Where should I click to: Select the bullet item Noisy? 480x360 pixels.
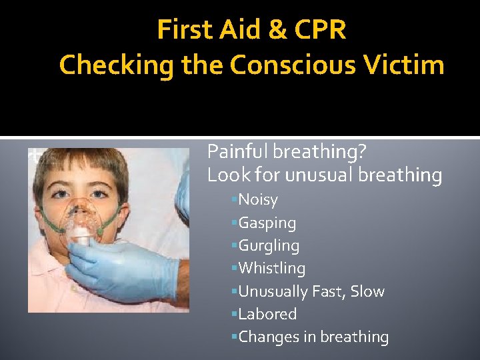pos(258,200)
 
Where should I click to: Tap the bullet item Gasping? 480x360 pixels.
pos(267,223)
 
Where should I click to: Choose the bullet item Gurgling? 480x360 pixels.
pos(269,246)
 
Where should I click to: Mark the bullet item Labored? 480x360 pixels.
pos(267,314)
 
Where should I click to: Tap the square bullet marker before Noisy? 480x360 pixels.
pos(235,200)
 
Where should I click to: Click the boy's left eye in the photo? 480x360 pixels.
pos(99,194)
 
